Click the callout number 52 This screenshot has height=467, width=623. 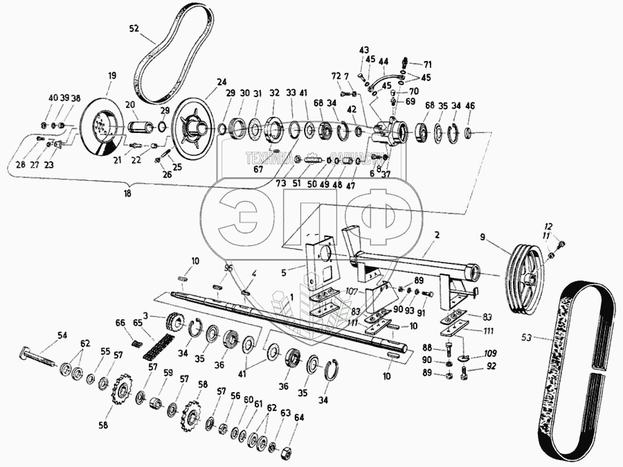134,28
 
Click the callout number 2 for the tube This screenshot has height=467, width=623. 436,234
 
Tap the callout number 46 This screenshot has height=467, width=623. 470,106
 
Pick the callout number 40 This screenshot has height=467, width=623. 53,98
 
